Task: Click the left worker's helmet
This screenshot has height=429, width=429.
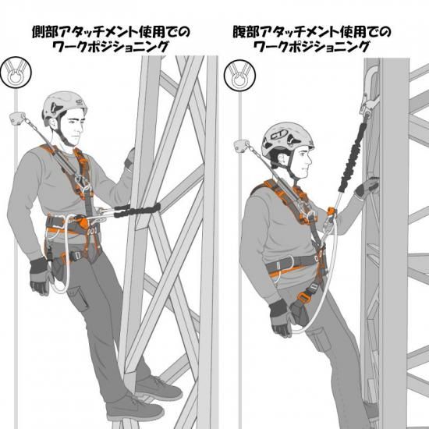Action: point(63,106)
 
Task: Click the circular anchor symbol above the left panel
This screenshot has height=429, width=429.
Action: point(16,73)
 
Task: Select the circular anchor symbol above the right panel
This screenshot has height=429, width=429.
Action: point(239,75)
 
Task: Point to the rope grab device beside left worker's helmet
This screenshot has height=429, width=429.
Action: point(18,118)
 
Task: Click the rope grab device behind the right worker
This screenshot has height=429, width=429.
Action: point(242,146)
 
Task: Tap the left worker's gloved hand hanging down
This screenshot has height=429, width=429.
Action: point(41,276)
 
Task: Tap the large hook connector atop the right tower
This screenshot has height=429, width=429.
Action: point(370,92)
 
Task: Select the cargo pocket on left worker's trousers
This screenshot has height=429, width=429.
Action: point(80,299)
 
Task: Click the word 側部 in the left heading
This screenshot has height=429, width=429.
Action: point(45,32)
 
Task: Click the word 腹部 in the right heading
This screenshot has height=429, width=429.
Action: point(246,32)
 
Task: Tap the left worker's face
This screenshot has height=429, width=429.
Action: point(73,129)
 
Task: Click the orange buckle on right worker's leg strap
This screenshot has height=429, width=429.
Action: point(302,296)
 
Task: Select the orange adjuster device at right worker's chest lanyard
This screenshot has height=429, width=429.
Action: point(331,213)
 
